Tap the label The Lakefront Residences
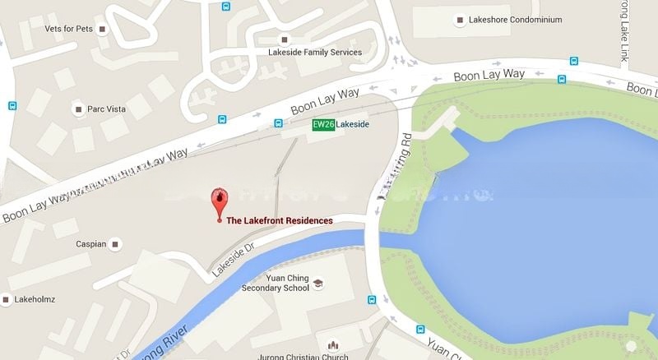coord(280,221)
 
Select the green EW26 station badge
coord(324,124)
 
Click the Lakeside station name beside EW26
coord(354,124)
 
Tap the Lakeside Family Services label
coord(315,52)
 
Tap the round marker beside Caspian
coord(116,244)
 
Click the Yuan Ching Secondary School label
coord(276,284)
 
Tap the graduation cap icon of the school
coord(318,284)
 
